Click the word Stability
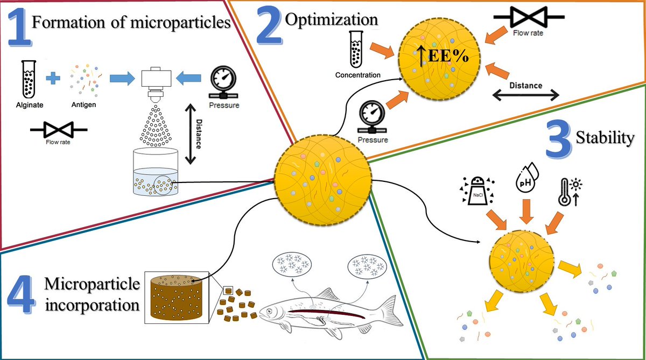point(603,138)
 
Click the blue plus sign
point(53,79)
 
